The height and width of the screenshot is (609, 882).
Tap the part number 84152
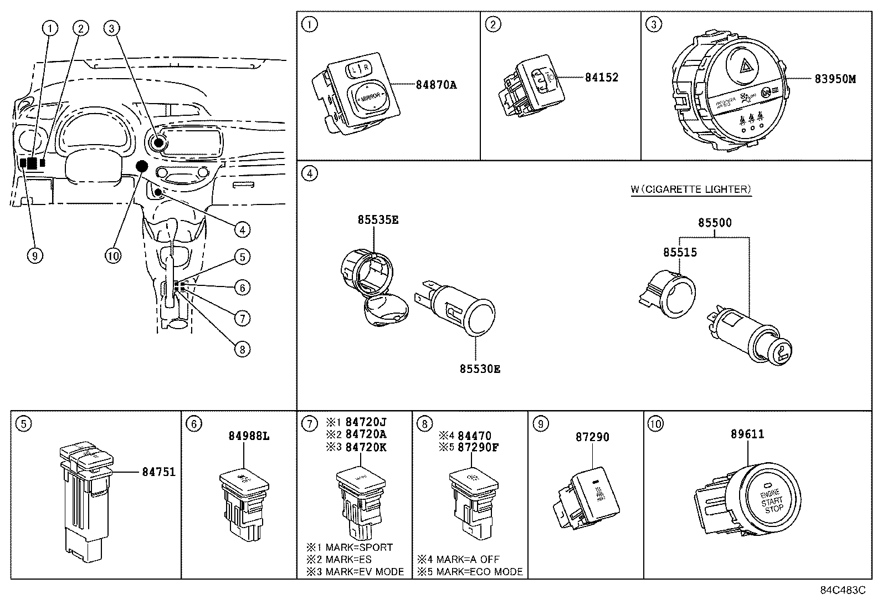tap(601, 78)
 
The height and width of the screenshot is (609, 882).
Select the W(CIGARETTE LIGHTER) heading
tap(690, 190)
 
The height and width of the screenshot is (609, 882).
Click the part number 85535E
tap(378, 220)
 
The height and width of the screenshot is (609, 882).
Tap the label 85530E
tap(479, 369)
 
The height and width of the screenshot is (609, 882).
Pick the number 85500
tap(714, 223)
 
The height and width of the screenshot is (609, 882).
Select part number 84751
tap(158, 472)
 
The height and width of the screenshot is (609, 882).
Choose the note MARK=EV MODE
tap(365, 571)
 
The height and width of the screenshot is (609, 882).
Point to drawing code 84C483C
tap(843, 590)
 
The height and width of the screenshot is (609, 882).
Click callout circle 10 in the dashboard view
tap(112, 255)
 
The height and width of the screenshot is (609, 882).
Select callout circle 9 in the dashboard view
tap(34, 255)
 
